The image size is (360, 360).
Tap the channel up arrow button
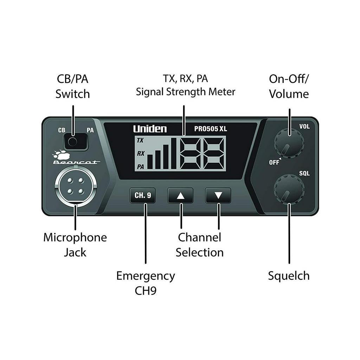pos(180,195)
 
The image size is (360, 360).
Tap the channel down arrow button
pos(218,195)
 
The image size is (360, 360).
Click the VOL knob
pos(289,143)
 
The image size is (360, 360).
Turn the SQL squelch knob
pos(289,189)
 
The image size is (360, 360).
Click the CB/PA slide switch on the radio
pos(76,142)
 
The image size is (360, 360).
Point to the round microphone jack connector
pos(76,186)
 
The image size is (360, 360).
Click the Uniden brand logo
pos(150,129)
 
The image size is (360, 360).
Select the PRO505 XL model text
pos(211,129)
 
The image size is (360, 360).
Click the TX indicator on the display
pos(140,140)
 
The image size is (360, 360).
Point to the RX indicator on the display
pos(141,153)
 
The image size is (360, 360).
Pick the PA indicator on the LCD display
pos(141,167)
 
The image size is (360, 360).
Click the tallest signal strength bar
pos(174,153)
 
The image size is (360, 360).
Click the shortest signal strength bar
pos(150,162)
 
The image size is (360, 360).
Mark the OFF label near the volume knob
pos(274,162)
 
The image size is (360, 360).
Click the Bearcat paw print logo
pos(61,155)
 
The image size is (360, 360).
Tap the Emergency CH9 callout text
pos(146,283)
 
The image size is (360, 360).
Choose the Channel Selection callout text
pos(200,245)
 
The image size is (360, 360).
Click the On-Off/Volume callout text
pos(289,86)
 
